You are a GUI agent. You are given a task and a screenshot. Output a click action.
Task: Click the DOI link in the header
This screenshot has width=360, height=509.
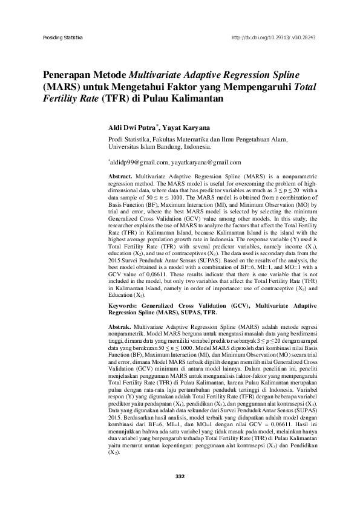tap(274, 37)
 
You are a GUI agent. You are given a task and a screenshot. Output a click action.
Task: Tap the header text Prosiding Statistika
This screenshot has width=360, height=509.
tap(62, 37)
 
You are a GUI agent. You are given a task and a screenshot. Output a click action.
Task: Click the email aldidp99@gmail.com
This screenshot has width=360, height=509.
tap(134, 162)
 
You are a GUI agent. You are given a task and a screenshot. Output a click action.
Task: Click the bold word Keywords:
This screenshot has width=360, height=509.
tap(125, 307)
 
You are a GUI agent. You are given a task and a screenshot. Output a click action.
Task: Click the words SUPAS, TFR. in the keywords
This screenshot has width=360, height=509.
tap(196, 314)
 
